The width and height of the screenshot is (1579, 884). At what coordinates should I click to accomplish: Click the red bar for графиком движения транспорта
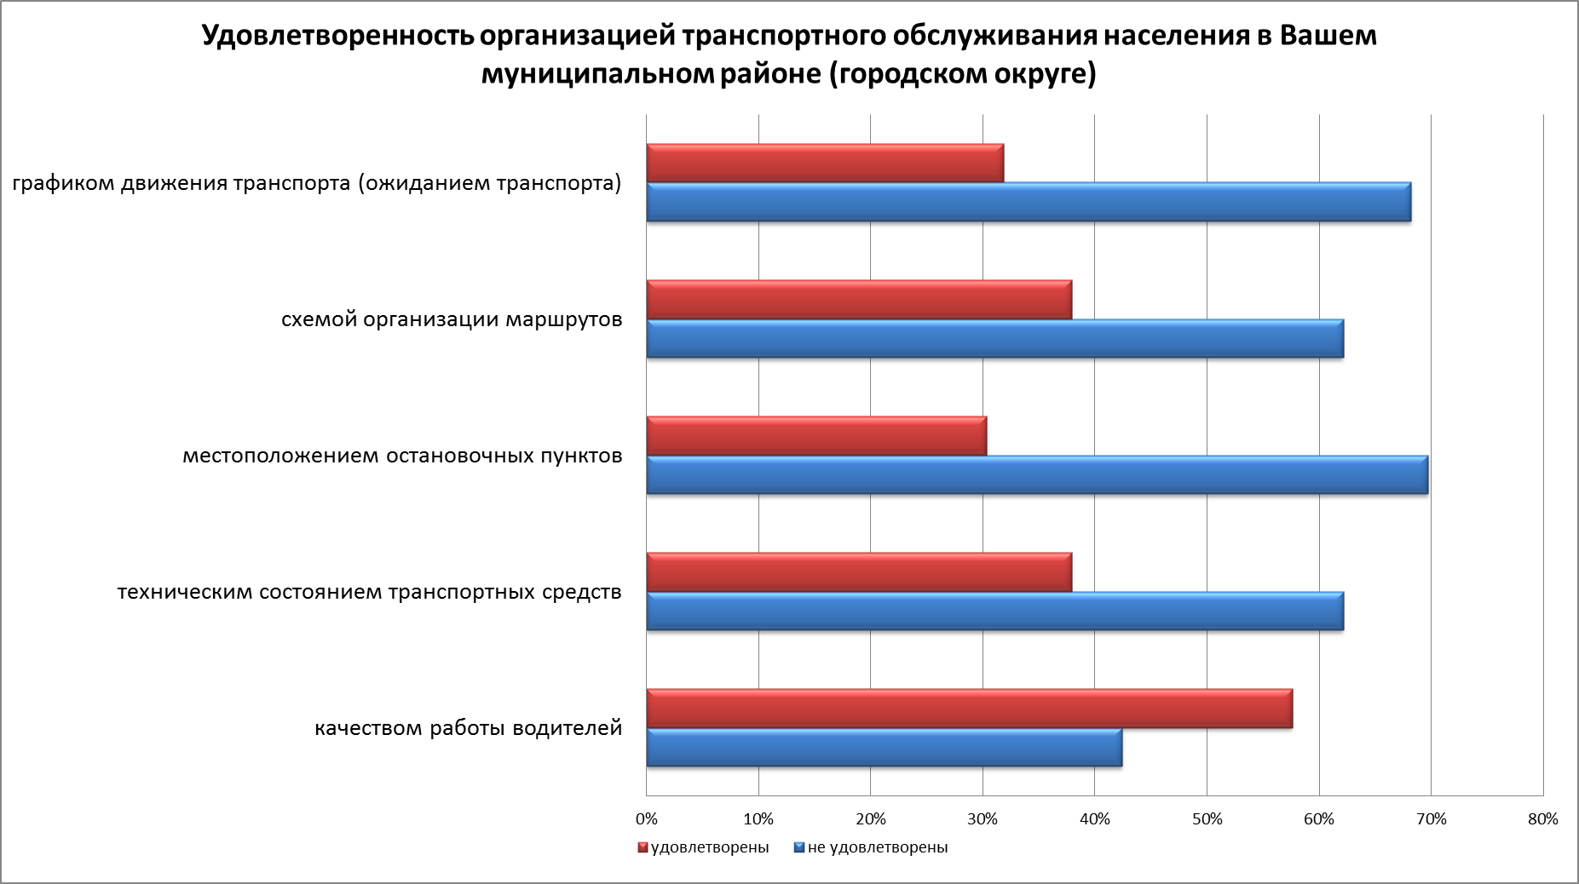click(825, 163)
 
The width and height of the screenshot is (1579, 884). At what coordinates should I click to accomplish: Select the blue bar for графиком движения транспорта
click(1029, 202)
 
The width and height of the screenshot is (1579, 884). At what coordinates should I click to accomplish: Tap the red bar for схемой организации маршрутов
click(859, 299)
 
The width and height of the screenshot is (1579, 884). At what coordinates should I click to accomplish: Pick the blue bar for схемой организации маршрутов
click(994, 338)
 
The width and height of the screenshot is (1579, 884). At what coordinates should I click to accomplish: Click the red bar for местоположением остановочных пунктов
click(816, 435)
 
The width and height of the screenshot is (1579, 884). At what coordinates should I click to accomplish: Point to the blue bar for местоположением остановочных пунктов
click(1037, 474)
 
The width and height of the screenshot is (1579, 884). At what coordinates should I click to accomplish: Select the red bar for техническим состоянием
click(859, 571)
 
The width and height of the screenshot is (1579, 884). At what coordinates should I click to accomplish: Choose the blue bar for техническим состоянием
click(994, 611)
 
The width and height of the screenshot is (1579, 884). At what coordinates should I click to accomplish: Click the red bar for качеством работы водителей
click(969, 708)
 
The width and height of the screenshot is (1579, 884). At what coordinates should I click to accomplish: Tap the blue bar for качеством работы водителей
click(884, 747)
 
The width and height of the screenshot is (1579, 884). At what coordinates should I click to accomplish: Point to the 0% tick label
click(647, 819)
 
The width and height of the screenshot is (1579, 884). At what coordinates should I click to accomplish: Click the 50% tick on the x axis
click(1207, 819)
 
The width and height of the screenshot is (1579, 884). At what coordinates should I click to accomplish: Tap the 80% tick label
click(1542, 819)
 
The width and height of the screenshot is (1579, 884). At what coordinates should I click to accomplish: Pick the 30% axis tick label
click(983, 819)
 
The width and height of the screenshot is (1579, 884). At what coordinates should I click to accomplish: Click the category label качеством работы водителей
click(469, 728)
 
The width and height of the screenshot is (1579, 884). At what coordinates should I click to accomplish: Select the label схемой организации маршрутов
click(452, 319)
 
